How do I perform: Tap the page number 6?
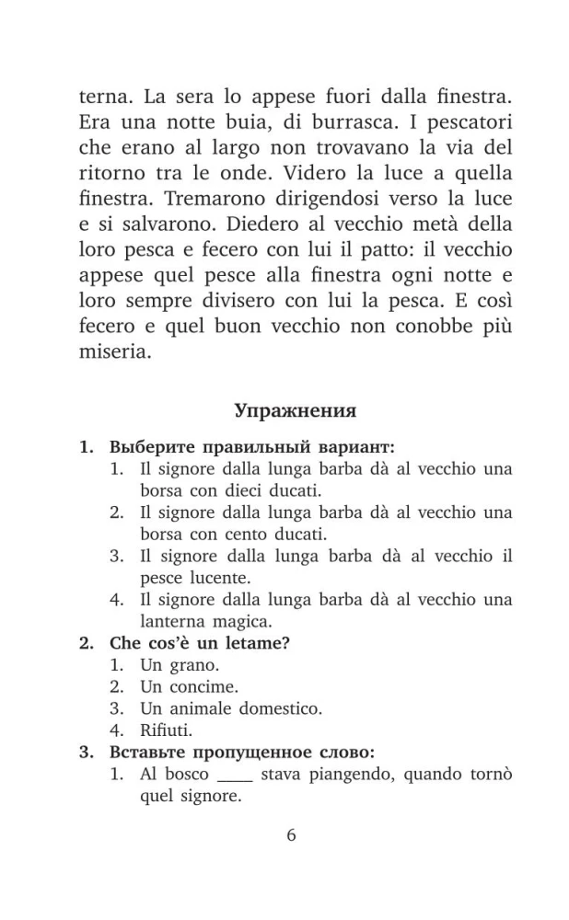[292, 835]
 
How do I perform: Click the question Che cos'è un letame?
[201, 643]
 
